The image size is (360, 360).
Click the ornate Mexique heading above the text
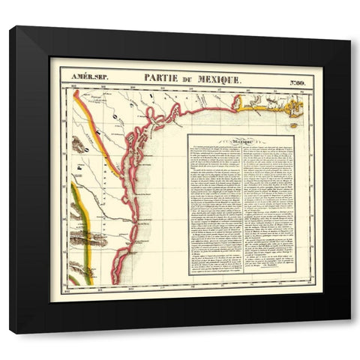(240, 141)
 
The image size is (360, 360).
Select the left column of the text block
(213, 210)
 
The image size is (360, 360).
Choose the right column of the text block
(266, 210)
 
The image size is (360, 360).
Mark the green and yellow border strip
(84, 225)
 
